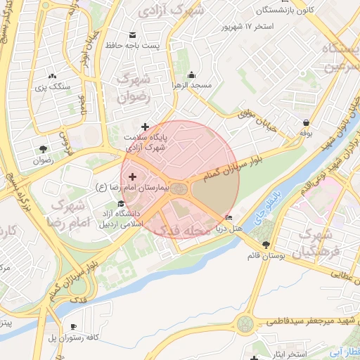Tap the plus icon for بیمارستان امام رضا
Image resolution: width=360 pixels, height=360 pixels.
pos(132,176)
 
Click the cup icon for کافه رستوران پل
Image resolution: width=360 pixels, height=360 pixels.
pos(74,327)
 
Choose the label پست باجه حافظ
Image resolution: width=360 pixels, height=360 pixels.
pos(155,46)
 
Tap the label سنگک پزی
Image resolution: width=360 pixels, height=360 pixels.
pos(54,86)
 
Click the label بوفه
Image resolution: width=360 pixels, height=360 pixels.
pos(306,132)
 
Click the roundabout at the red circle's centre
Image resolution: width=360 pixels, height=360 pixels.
pos(180,188)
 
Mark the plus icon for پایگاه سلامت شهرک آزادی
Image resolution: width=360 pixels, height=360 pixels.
pos(146,127)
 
